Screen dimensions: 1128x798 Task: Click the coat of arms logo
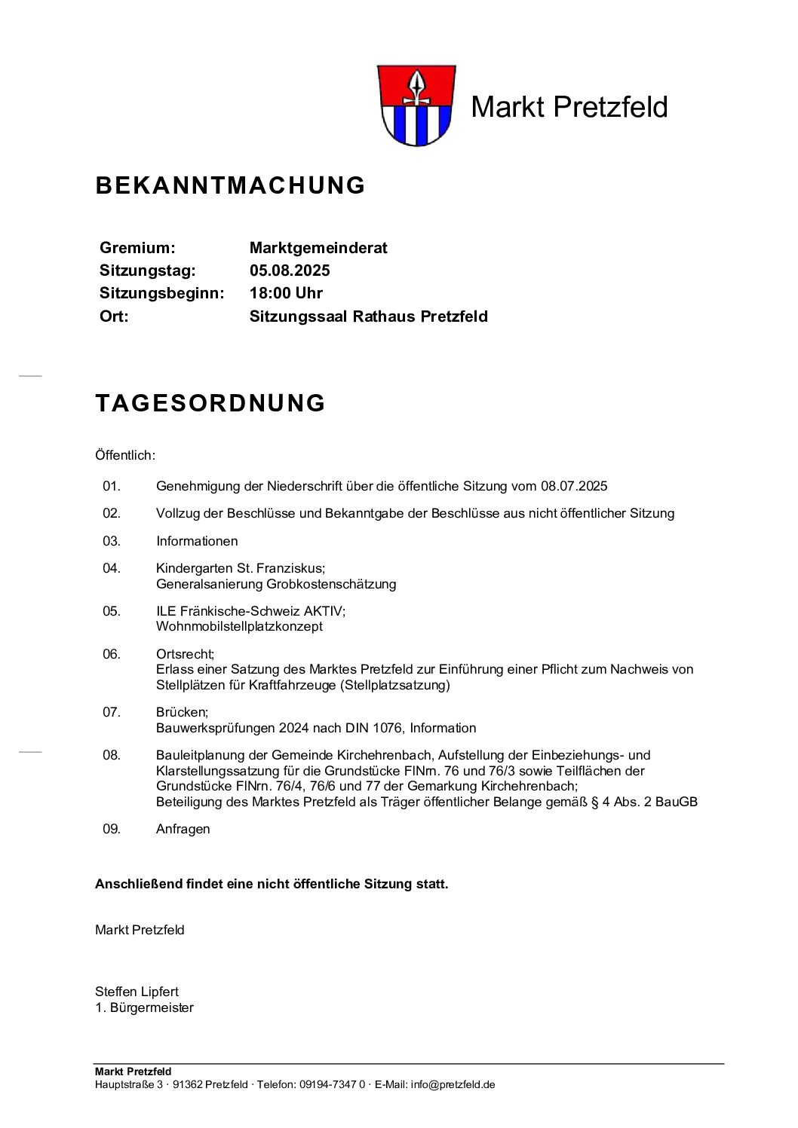[413, 106]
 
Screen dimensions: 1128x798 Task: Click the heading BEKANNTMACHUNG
[230, 185]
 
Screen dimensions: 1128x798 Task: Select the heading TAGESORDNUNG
[210, 403]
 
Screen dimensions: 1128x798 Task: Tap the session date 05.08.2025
[290, 271]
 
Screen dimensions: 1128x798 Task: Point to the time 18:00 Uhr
[286, 293]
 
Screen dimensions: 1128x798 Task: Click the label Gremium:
[137, 248]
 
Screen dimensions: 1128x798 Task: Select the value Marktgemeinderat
[318, 248]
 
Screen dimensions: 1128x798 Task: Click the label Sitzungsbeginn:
[161, 293]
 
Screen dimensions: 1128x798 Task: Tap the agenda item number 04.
[112, 568]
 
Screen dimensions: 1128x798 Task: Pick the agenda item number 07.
[112, 712]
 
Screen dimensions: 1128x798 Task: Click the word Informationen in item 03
[197, 541]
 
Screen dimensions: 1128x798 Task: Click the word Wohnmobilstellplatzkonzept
[239, 626]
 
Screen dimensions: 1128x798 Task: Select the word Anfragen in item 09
[183, 829]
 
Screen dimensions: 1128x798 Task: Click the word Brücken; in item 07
[182, 712]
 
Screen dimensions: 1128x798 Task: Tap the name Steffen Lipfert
[137, 992]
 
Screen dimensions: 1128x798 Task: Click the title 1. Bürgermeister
[144, 1007]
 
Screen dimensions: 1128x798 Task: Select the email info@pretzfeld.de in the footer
[453, 1085]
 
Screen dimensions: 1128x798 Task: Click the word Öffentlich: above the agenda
[125, 455]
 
